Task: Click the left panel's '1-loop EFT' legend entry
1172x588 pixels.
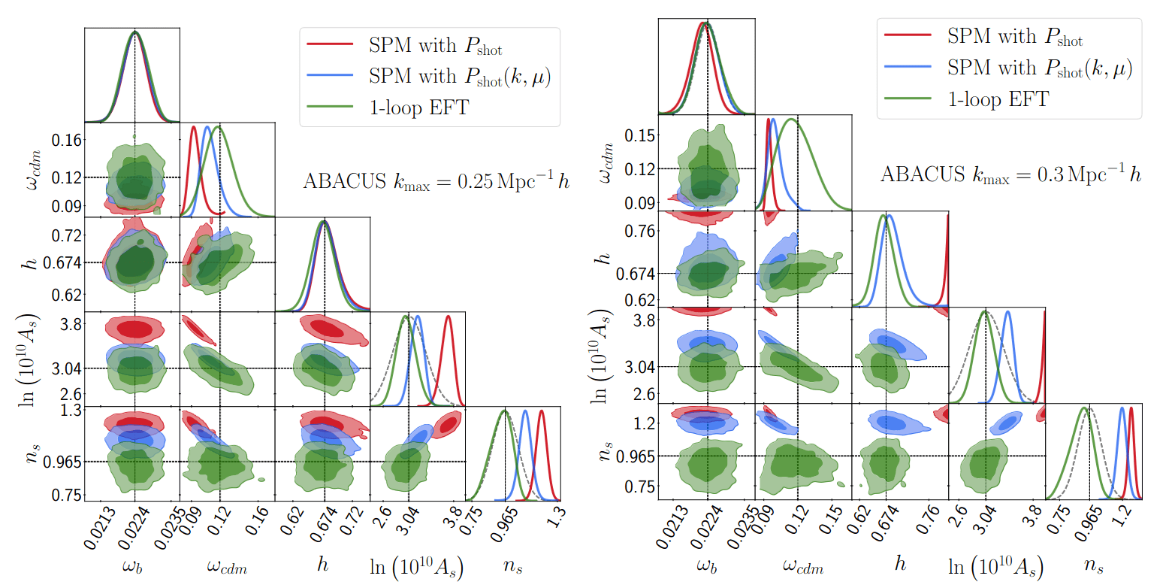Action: (x=417, y=108)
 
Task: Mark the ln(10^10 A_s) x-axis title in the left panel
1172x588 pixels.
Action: (x=417, y=565)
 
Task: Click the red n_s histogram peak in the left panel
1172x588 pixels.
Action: (x=541, y=411)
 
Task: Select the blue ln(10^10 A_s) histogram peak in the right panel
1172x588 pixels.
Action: (x=1007, y=311)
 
